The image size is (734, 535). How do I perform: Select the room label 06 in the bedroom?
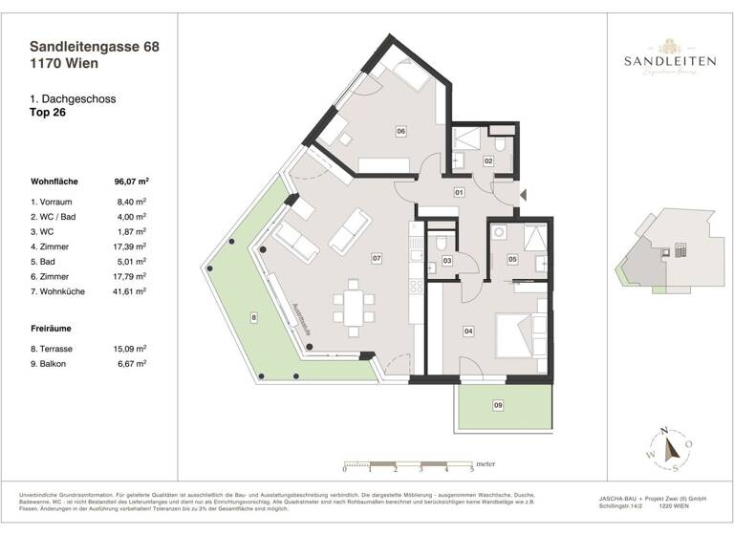point(401,131)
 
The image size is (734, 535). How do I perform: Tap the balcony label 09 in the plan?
point(498,406)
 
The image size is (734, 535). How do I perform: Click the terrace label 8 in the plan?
point(253,316)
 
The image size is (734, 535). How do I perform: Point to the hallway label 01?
point(459,192)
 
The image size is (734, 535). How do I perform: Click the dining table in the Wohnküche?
point(353,307)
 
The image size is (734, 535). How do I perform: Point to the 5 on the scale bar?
point(471,470)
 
